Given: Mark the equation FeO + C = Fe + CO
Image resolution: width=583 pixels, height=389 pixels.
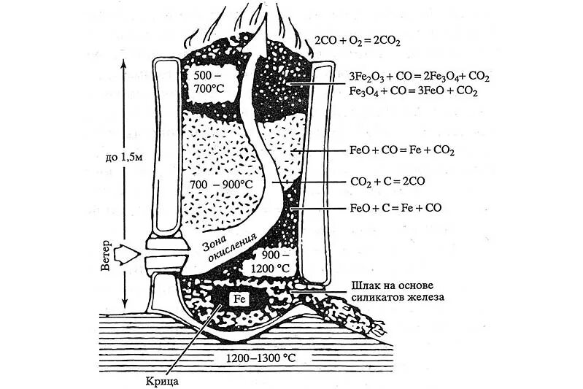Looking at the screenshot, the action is [396, 208].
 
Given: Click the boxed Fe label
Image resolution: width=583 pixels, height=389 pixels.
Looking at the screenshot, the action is [239, 299].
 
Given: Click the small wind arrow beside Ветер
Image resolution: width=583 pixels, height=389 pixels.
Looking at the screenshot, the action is [131, 254].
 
